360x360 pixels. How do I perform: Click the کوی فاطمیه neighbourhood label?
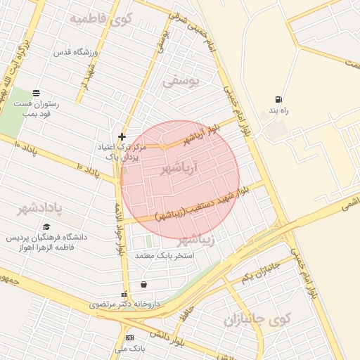click(100, 18)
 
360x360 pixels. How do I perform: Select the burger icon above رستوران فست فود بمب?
click(37, 93)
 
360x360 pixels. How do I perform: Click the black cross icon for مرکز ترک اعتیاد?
click(122, 136)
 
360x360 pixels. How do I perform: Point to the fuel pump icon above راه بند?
click(280, 100)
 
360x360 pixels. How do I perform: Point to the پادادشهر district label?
click(41, 209)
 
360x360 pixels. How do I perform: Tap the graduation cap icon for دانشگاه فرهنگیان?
click(46, 226)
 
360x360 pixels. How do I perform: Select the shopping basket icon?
click(144, 285)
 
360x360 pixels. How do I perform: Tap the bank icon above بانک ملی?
click(129, 338)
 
